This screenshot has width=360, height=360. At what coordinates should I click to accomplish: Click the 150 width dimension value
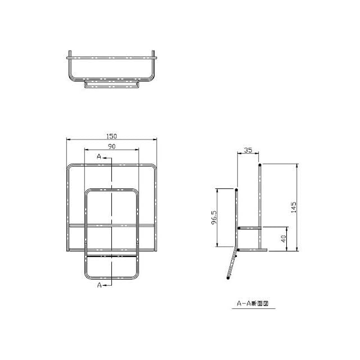[111, 136]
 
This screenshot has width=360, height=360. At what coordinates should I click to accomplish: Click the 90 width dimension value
[111, 146]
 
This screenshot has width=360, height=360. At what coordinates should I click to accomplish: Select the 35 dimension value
[248, 150]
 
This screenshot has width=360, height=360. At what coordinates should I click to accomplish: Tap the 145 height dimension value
[294, 208]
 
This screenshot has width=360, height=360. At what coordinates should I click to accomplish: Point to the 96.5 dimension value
[214, 218]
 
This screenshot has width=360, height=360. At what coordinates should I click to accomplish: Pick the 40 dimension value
[283, 238]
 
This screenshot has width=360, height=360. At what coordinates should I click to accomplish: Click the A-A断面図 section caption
[253, 304]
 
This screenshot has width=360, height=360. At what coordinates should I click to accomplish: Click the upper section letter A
[99, 156]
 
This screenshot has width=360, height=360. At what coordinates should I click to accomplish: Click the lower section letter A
[99, 285]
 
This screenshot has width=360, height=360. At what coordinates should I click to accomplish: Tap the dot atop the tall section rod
[260, 165]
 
